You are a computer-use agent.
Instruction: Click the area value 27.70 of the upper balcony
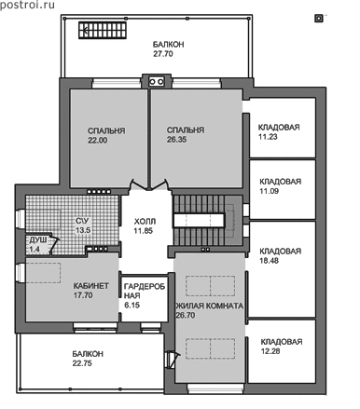[163, 54]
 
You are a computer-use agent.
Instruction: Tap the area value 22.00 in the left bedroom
[98, 140]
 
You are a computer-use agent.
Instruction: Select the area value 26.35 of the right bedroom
[176, 140]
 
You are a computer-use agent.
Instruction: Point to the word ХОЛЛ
[145, 222]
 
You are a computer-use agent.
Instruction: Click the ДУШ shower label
[38, 239]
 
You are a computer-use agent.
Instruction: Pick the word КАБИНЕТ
[91, 286]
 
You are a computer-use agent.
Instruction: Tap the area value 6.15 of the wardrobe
[132, 306]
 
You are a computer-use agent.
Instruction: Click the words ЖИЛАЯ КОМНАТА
[210, 306]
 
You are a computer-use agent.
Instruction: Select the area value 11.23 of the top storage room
[268, 137]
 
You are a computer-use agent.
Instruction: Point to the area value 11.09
[270, 191]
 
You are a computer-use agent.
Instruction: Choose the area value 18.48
[270, 261]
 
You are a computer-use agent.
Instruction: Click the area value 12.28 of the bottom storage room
[270, 351]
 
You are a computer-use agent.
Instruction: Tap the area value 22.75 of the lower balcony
[82, 363]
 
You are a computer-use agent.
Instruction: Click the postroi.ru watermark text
[27, 5]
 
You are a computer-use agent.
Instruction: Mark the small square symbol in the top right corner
[318, 19]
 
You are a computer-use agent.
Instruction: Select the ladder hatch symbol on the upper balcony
[102, 30]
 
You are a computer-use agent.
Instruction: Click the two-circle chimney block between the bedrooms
[157, 82]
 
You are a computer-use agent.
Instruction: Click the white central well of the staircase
[199, 221]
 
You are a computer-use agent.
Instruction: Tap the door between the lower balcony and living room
[172, 359]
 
